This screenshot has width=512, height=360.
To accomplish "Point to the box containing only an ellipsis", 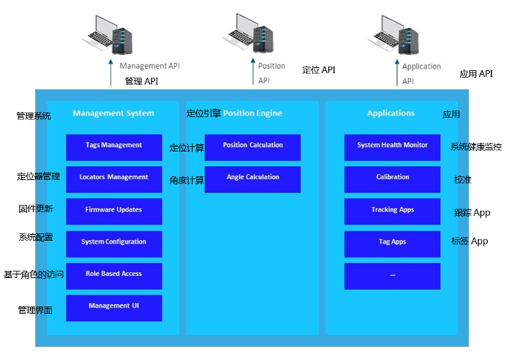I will (x=392, y=275).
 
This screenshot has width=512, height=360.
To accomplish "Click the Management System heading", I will (x=113, y=113).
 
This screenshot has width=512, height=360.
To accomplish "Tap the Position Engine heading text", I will (x=252, y=113).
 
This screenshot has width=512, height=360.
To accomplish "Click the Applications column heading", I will (x=391, y=113).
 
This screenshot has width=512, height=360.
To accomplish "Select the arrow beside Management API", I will (x=111, y=74).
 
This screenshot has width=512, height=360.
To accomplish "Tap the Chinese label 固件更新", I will (x=35, y=209).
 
